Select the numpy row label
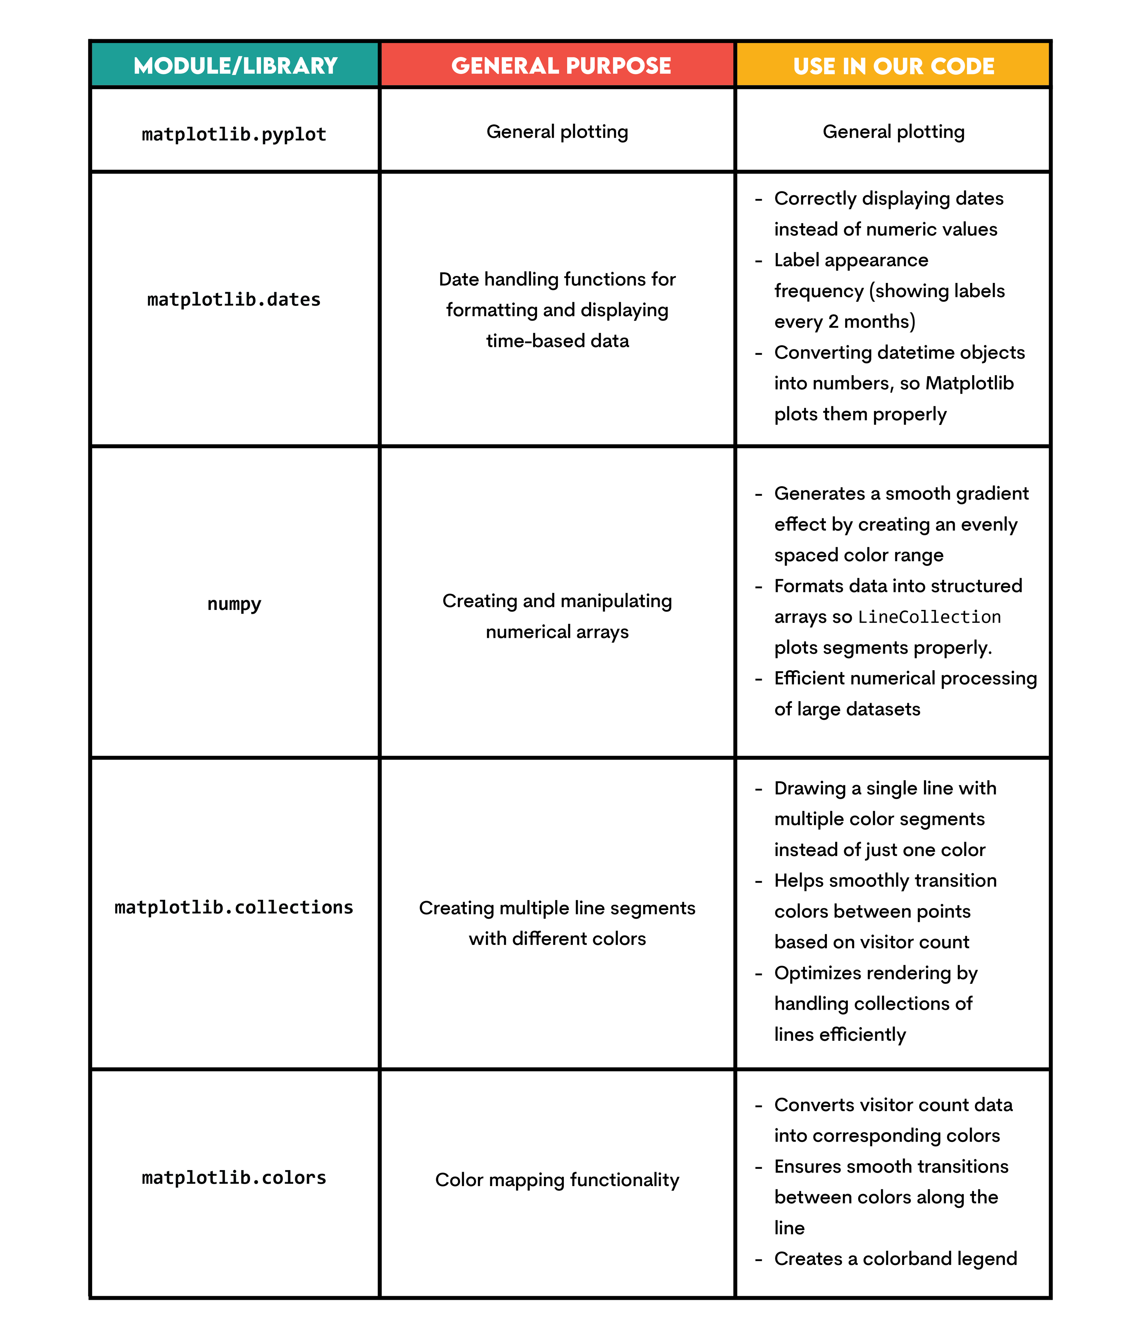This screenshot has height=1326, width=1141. click(234, 604)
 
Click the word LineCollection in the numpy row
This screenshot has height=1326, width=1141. click(929, 617)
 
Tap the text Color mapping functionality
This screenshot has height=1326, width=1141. click(557, 1179)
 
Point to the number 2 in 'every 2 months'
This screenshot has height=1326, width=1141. click(833, 321)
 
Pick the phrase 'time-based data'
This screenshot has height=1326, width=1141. click(557, 341)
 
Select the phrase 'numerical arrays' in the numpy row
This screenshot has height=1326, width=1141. click(557, 632)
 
